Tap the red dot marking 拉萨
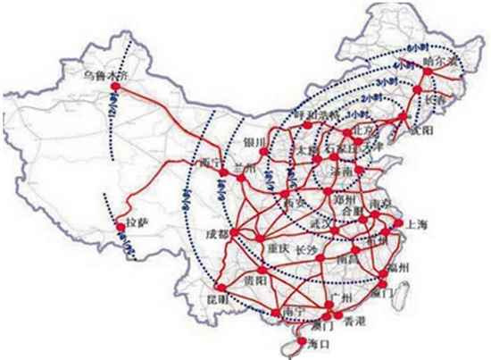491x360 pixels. coord(121,229)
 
